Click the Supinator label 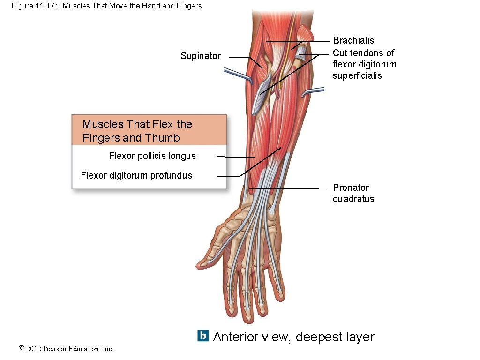[201, 56]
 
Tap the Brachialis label [353, 41]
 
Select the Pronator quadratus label [353, 193]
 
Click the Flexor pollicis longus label [152, 156]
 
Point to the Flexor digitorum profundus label [136, 175]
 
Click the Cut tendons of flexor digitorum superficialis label [364, 64]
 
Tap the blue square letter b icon [203, 336]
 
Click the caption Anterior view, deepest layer [293, 337]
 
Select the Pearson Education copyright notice [66, 348]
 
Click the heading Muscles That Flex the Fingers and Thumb [137, 131]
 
